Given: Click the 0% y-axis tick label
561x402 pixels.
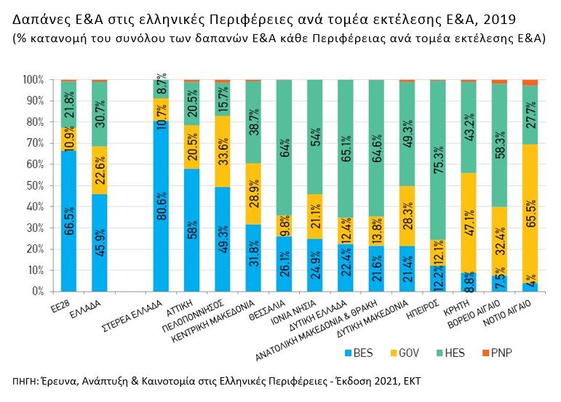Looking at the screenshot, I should click(37, 291).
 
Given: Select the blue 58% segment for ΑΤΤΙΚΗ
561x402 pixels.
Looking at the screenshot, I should click(191, 230).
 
